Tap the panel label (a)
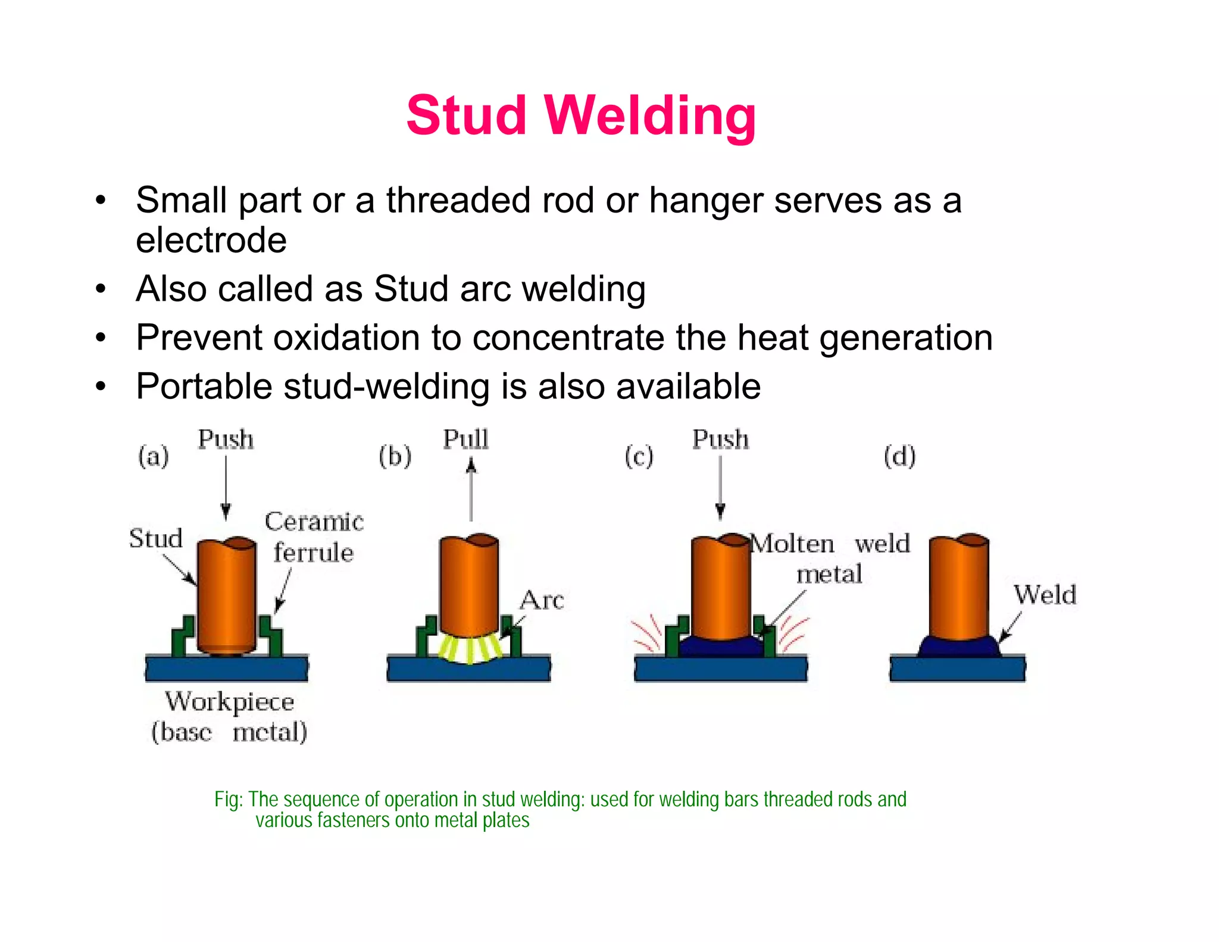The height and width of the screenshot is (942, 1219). tap(154, 457)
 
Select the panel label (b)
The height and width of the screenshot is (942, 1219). tap(395, 457)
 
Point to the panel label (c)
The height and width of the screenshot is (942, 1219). tap(639, 457)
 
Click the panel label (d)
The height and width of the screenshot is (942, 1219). tap(899, 457)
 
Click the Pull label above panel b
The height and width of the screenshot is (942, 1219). tap(465, 439)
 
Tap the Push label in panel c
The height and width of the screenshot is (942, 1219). tap(720, 439)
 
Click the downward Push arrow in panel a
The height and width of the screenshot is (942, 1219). tap(226, 488)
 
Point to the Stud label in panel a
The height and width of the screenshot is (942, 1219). tap(156, 538)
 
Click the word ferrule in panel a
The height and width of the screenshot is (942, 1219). tap(314, 553)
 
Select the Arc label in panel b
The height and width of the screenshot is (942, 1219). tap(542, 600)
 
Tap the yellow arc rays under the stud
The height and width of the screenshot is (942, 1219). tap(470, 649)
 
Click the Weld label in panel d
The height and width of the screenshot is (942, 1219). tap(1045, 595)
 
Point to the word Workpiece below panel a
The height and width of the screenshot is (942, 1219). tap(230, 702)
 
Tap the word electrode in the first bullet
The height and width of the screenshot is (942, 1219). tap(211, 240)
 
